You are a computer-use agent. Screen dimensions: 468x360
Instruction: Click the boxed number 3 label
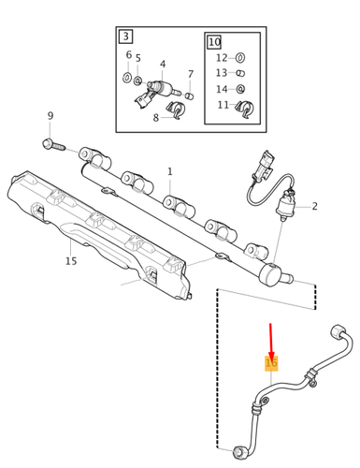pyautogui.click(x=125, y=37)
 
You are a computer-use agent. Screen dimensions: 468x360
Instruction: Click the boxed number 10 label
pyautogui.click(x=215, y=42)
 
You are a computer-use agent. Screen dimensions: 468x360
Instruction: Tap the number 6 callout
pyautogui.click(x=128, y=56)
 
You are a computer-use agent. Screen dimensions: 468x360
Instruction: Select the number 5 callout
pyautogui.click(x=138, y=59)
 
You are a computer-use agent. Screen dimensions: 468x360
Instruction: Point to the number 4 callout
pyautogui.click(x=163, y=66)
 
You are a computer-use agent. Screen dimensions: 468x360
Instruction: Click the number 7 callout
pyautogui.click(x=191, y=74)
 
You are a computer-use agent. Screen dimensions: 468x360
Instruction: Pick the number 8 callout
pyautogui.click(x=156, y=118)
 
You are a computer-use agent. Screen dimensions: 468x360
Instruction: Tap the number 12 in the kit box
pyautogui.click(x=221, y=58)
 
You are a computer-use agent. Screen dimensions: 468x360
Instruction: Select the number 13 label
pyautogui.click(x=221, y=73)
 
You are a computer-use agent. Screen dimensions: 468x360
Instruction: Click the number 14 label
pyautogui.click(x=221, y=90)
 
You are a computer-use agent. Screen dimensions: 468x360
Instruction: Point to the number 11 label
pyautogui.click(x=223, y=105)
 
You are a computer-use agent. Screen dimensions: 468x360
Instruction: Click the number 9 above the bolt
pyautogui.click(x=50, y=116)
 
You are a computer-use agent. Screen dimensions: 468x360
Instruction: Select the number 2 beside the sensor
pyautogui.click(x=315, y=206)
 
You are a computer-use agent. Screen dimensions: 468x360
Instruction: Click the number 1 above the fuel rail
pyautogui.click(x=169, y=171)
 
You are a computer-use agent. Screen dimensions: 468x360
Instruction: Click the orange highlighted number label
pyautogui.click(x=271, y=362)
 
